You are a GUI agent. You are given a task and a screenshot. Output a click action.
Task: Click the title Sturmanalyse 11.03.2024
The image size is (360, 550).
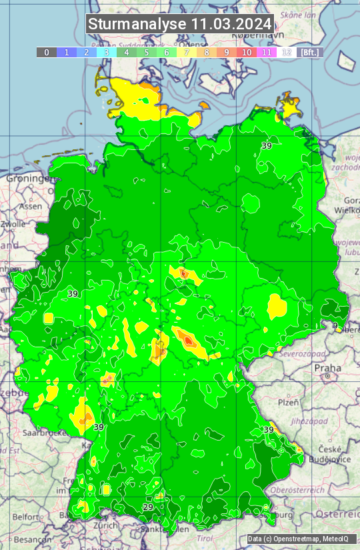180,24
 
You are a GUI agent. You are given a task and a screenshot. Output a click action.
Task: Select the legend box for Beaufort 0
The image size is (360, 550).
47,52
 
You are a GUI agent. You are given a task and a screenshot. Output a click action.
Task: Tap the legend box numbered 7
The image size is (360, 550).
187,52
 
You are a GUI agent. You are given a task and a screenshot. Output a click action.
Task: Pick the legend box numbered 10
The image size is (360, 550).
247,52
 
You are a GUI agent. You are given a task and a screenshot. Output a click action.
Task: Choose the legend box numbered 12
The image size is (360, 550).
287,52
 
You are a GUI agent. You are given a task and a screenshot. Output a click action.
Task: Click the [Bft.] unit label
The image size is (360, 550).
309,52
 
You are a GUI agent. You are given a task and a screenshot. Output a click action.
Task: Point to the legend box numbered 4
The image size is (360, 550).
127,52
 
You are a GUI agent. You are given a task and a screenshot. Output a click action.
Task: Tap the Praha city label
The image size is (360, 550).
327,368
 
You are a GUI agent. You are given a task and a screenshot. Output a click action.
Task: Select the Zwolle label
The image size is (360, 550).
13,224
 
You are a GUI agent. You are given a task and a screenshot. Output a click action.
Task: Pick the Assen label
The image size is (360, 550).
30,207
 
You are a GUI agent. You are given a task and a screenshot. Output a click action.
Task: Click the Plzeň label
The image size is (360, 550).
287,403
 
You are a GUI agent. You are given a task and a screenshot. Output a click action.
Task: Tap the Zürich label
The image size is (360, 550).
105,525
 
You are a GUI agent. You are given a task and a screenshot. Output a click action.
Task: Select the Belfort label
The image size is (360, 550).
26,517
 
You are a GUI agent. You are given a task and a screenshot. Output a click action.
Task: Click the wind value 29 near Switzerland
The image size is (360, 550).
148,507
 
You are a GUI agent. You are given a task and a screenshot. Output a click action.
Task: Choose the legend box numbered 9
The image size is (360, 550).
227,52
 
